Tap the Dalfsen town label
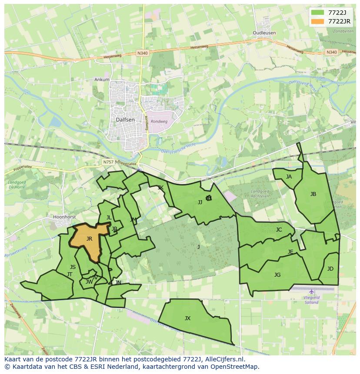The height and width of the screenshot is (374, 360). click(x=125, y=119)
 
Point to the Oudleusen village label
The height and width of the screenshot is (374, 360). click(x=264, y=33)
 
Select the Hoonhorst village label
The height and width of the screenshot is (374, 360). click(x=64, y=216)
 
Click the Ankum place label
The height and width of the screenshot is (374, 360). click(x=102, y=79)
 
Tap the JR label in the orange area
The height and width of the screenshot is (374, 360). click(x=89, y=238)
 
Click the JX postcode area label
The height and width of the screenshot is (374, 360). click(x=187, y=318)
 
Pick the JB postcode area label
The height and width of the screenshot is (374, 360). click(x=313, y=194)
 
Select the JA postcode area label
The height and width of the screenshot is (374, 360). click(x=289, y=177)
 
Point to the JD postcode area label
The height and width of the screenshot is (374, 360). click(x=330, y=269)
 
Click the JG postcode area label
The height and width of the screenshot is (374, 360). click(x=277, y=275)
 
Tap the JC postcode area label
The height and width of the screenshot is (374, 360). click(x=279, y=230)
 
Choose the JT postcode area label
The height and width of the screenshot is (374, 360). click(x=70, y=274)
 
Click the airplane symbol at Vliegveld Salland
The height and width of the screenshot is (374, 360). click(x=311, y=291)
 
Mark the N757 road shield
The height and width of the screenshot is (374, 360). click(x=108, y=162)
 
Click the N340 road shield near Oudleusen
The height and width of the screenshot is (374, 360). click(x=331, y=52)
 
